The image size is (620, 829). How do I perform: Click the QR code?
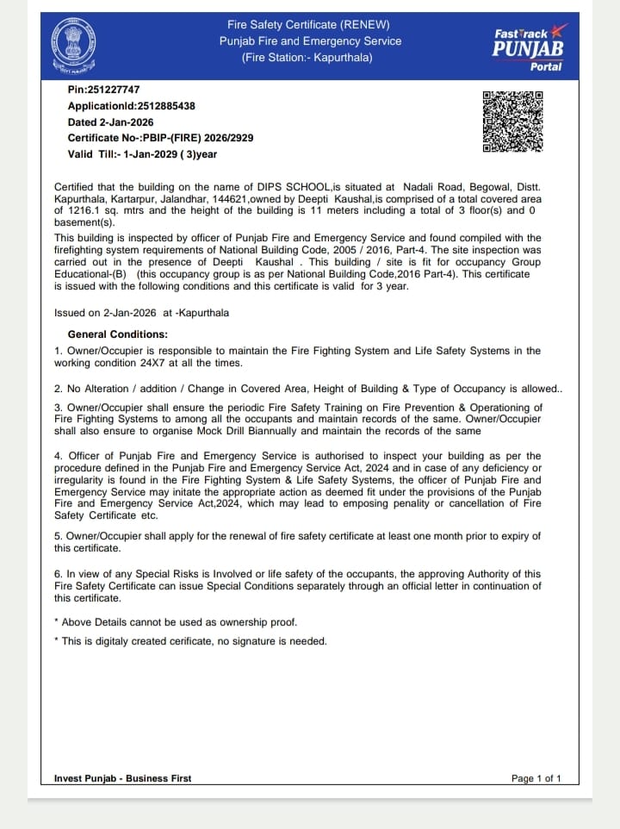[x=512, y=122]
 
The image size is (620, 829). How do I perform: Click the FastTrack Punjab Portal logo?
[x=528, y=47]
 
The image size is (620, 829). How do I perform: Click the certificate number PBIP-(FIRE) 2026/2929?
[x=198, y=138]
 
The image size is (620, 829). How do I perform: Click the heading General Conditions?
[x=118, y=334]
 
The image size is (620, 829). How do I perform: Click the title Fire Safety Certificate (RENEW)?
[x=308, y=24]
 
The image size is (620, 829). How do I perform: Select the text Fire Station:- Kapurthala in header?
[x=308, y=58]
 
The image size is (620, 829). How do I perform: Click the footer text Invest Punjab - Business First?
[x=122, y=778]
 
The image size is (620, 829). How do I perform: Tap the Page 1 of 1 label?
[x=536, y=778]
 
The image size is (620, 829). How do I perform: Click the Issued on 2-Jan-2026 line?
[x=141, y=313]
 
